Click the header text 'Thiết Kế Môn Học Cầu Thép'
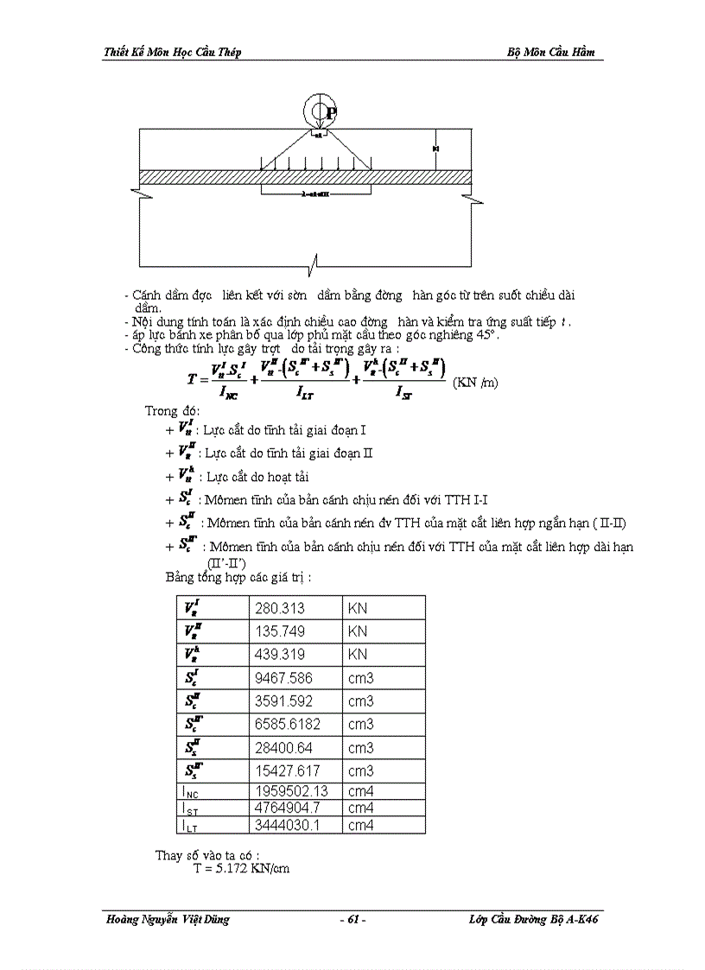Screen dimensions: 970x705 click(172, 52)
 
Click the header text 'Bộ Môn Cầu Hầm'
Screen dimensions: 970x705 click(550, 52)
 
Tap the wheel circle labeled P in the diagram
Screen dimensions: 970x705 click(319, 111)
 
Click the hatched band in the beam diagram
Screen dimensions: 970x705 click(307, 176)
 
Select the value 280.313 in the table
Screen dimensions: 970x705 click(280, 608)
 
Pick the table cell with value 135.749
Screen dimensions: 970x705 click(280, 631)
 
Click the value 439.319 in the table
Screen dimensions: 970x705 click(280, 655)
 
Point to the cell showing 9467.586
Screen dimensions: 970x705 click(283, 678)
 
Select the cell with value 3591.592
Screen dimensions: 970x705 click(283, 701)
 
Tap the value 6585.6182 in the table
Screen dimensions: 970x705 click(287, 725)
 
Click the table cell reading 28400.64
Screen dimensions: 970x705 click(283, 748)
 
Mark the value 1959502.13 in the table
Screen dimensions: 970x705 click(291, 791)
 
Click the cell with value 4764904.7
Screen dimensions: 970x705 click(289, 808)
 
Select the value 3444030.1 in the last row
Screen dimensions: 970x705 click(289, 826)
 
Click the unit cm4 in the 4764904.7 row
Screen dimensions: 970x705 click(361, 808)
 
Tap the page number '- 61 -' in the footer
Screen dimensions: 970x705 click(352, 920)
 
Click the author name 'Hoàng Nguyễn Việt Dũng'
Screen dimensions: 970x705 click(167, 920)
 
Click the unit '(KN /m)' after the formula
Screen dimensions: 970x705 click(475, 382)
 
